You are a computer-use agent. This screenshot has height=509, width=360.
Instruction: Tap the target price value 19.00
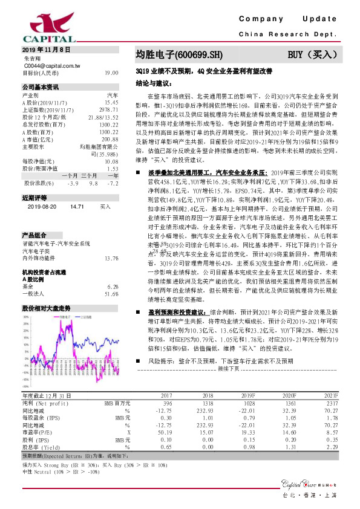[x=111, y=73]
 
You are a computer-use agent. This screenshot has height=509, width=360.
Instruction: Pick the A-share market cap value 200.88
[x=110, y=140]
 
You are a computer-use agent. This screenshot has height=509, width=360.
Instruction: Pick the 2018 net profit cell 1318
[x=208, y=402]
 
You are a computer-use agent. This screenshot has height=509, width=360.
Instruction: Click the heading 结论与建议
[x=154, y=82]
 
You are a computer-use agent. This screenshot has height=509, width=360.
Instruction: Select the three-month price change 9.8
[x=93, y=183]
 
